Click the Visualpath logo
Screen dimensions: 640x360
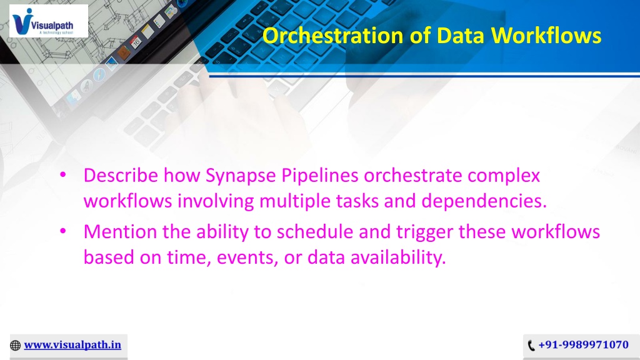point(49,21)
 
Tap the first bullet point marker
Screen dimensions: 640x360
point(63,175)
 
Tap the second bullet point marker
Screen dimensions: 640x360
point(63,231)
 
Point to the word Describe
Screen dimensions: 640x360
point(121,176)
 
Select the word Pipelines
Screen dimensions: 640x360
point(320,176)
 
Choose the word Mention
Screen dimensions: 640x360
point(121,232)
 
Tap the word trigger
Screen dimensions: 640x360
point(424,232)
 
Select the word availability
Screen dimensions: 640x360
point(398,258)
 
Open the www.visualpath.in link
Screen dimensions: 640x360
point(72,345)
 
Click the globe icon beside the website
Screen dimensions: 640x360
point(15,346)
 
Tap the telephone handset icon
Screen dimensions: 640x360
point(531,346)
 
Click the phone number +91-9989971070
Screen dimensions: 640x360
point(583,345)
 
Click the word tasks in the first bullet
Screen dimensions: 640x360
point(357,201)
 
